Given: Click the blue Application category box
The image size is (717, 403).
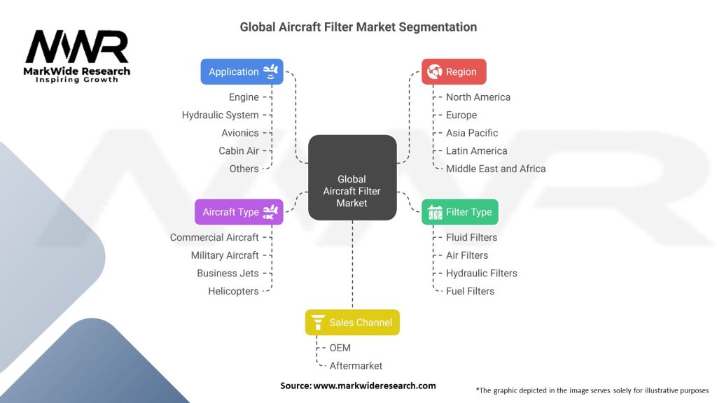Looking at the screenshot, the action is [x=242, y=71].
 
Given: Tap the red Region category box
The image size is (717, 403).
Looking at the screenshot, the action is [x=454, y=71].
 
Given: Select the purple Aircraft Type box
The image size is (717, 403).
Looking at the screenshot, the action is [x=239, y=212].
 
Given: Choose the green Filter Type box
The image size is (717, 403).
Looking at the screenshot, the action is [x=460, y=212].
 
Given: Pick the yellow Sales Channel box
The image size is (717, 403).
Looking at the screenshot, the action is [x=352, y=323].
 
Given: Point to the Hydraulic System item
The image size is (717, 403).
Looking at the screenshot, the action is [x=220, y=115].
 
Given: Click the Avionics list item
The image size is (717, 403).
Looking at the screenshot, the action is [x=239, y=133].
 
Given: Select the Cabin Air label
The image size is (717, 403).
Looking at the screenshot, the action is [x=238, y=150].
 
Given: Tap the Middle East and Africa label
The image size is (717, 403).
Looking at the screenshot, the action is [x=496, y=169].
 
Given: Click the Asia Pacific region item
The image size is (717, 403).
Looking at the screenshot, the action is [x=472, y=133].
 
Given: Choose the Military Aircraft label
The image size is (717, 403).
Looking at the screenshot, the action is [x=225, y=255].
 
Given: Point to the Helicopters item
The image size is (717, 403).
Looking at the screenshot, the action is [x=233, y=291].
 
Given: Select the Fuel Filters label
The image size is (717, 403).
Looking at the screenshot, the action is [x=470, y=291].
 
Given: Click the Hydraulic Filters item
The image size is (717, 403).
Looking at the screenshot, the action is [x=481, y=273].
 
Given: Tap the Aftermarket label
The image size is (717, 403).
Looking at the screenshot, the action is [x=356, y=365].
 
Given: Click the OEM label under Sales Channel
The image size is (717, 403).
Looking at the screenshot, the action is [x=340, y=348].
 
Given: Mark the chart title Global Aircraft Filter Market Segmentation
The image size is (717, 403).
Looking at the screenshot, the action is [x=358, y=27].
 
